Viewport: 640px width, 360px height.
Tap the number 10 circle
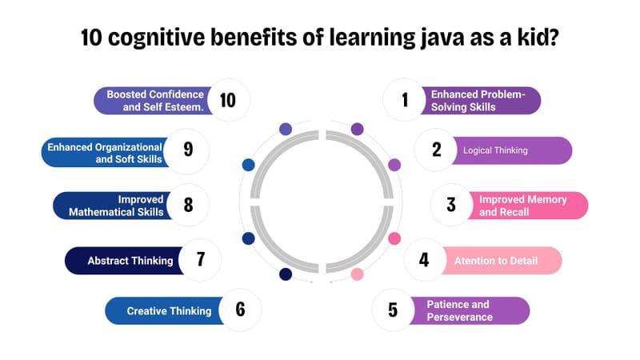pyautogui.click(x=228, y=100)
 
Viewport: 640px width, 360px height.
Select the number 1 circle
pyautogui.click(x=405, y=100)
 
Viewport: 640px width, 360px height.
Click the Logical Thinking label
pyautogui.click(x=496, y=150)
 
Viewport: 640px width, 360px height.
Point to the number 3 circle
pyautogui.click(x=451, y=205)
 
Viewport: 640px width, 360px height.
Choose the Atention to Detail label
pyautogui.click(x=496, y=261)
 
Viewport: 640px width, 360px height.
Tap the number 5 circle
pyautogui.click(x=393, y=310)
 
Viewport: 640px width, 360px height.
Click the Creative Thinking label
pyautogui.click(x=169, y=311)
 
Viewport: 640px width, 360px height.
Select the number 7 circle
pyautogui.click(x=200, y=260)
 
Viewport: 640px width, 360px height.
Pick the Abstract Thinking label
pyautogui.click(x=130, y=261)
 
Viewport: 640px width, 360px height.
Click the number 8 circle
pyautogui.click(x=189, y=205)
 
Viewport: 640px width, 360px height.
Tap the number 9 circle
pyautogui.click(x=188, y=150)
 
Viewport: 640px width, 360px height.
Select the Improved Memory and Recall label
pyautogui.click(x=522, y=206)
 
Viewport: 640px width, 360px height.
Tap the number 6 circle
pyautogui.click(x=240, y=310)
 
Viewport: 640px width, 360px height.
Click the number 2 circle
pyautogui.click(x=437, y=150)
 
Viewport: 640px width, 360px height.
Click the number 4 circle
pyautogui.click(x=424, y=260)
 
